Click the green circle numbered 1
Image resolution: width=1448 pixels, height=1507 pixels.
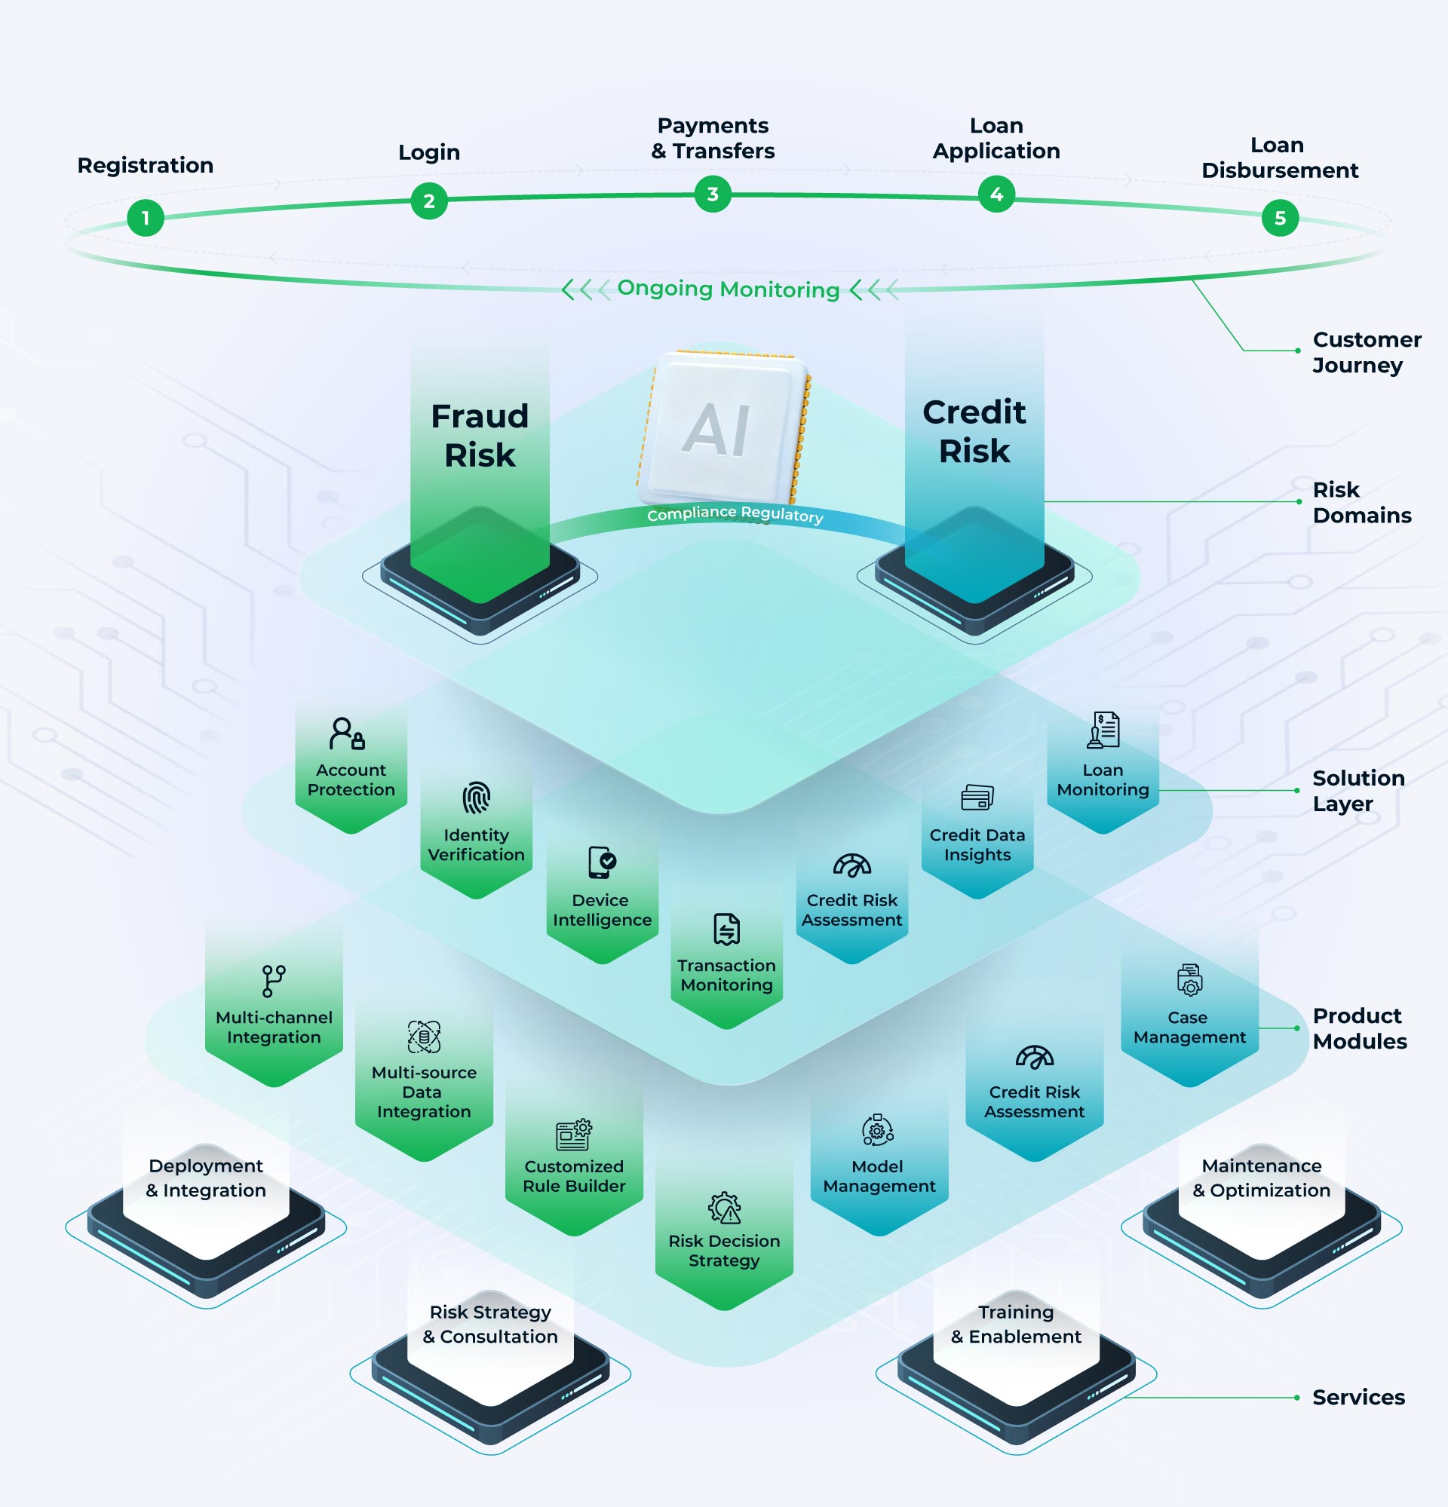(x=146, y=219)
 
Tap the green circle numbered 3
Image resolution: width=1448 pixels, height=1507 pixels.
(x=713, y=195)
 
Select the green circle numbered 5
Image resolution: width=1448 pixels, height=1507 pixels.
(x=1280, y=219)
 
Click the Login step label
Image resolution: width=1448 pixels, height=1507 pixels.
(x=429, y=152)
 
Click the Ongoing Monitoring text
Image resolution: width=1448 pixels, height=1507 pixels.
(x=729, y=289)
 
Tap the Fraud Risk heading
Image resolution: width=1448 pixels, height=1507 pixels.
(x=480, y=435)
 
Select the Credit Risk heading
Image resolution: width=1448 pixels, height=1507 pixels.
(x=974, y=431)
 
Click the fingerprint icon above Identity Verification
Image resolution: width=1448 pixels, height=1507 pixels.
(x=476, y=798)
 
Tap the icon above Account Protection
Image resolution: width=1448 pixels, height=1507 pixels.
(x=348, y=734)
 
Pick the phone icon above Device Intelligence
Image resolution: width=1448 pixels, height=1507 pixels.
(x=602, y=862)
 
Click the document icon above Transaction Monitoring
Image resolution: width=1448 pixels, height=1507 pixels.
(x=727, y=929)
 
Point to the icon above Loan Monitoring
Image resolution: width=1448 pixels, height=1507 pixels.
(x=1103, y=730)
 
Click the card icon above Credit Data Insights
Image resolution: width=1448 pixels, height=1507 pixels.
(x=977, y=798)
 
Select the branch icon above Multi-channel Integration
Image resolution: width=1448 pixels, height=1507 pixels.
(x=273, y=981)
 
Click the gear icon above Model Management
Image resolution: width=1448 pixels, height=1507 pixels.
(x=877, y=1130)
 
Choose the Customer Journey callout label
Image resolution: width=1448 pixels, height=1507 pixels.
(x=1367, y=352)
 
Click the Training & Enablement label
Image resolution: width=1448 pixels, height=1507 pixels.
(x=1016, y=1324)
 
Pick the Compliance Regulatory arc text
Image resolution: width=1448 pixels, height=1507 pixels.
(x=735, y=513)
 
